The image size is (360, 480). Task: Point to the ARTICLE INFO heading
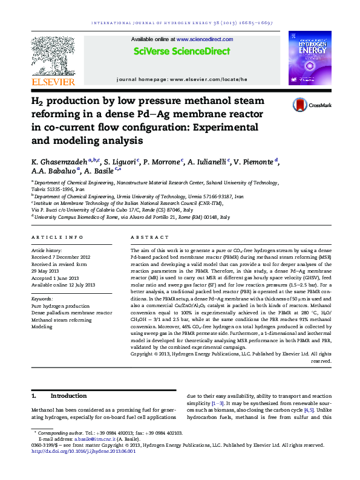pos(57,238)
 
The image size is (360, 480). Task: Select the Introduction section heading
pos(68,395)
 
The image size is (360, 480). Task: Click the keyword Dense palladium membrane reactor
pos(71,313)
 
